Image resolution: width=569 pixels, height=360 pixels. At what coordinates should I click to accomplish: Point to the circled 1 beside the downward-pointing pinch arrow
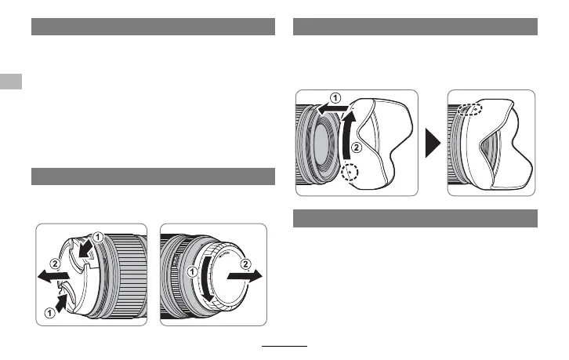(97, 237)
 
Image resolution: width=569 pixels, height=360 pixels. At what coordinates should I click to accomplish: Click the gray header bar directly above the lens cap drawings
(153, 176)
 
